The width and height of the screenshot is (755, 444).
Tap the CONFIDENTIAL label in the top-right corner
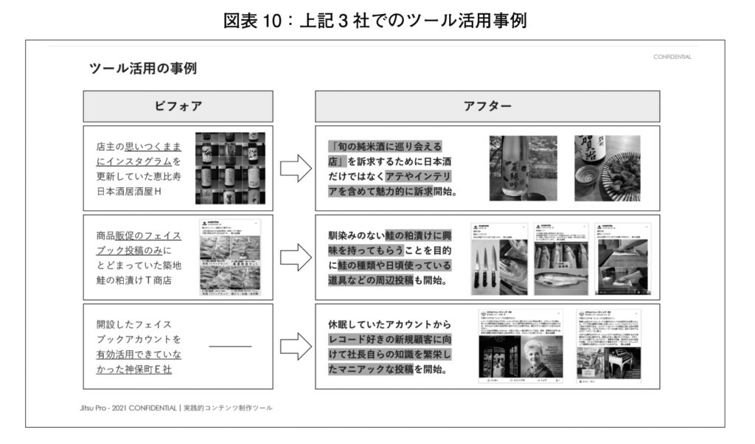(672, 57)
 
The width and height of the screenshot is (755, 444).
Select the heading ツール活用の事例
(142, 69)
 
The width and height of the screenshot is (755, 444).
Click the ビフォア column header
(178, 106)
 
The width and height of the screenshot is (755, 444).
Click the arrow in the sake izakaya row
(296, 168)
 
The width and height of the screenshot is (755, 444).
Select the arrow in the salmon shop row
(296, 257)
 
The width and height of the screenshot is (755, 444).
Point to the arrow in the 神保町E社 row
(296, 346)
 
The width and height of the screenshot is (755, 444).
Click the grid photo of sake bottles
(229, 168)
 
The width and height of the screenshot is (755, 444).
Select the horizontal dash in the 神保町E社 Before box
(230, 346)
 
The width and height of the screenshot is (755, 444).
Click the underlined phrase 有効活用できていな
(139, 354)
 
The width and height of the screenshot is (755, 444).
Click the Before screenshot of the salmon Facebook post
(231, 257)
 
